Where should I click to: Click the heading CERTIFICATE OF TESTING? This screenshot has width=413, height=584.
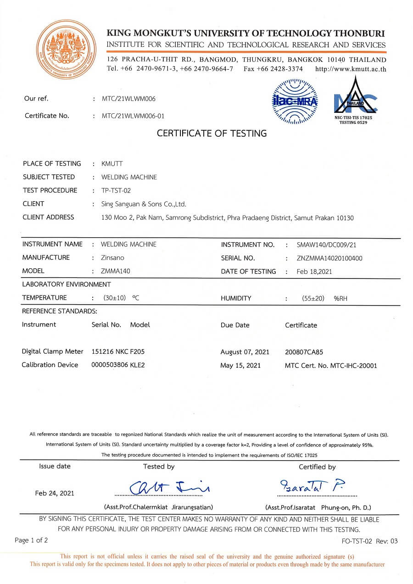point(212,133)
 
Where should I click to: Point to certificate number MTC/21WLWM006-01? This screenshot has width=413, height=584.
point(133,116)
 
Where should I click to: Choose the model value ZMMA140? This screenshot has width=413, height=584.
point(115,271)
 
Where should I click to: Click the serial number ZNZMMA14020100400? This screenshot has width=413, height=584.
point(329,258)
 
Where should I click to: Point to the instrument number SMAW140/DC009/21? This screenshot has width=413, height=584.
point(326,245)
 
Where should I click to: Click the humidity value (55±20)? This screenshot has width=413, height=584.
point(313,298)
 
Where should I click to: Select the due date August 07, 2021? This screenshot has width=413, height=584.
point(245,352)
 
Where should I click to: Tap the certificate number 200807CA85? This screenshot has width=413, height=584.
point(304,352)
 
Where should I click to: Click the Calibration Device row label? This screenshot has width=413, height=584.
point(50,365)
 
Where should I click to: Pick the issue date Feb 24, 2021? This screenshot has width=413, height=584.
point(55,493)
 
